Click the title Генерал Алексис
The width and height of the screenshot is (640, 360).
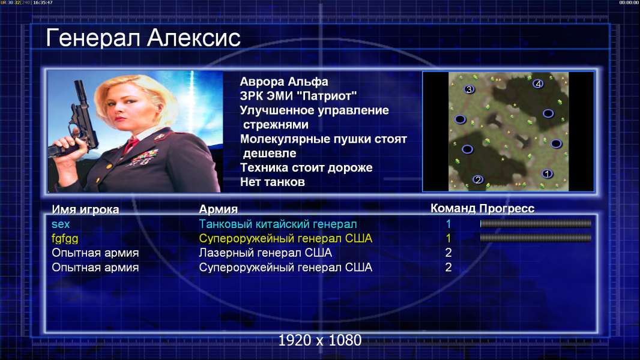click(x=143, y=38)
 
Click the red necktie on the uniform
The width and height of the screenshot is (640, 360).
click(x=131, y=144)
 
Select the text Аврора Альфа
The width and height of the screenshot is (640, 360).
click(x=283, y=82)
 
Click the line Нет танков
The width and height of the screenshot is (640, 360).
click(x=272, y=182)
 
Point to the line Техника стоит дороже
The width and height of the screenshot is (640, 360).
click(x=306, y=167)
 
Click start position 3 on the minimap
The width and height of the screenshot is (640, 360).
click(x=469, y=89)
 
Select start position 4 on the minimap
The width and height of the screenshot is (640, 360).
click(x=538, y=84)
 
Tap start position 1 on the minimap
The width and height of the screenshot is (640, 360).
click(x=547, y=173)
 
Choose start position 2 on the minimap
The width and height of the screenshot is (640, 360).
click(x=478, y=179)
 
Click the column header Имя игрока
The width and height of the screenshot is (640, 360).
click(x=85, y=209)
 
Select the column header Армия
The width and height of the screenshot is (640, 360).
click(x=218, y=209)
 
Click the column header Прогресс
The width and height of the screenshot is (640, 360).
click(x=507, y=209)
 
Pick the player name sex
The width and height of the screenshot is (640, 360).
click(x=61, y=224)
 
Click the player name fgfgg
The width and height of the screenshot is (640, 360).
click(x=65, y=239)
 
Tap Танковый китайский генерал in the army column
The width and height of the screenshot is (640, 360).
click(x=277, y=224)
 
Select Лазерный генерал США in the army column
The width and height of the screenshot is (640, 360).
click(x=265, y=253)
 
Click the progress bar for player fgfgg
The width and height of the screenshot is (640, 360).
click(x=536, y=238)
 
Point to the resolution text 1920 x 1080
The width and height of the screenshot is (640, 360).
click(x=319, y=340)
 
